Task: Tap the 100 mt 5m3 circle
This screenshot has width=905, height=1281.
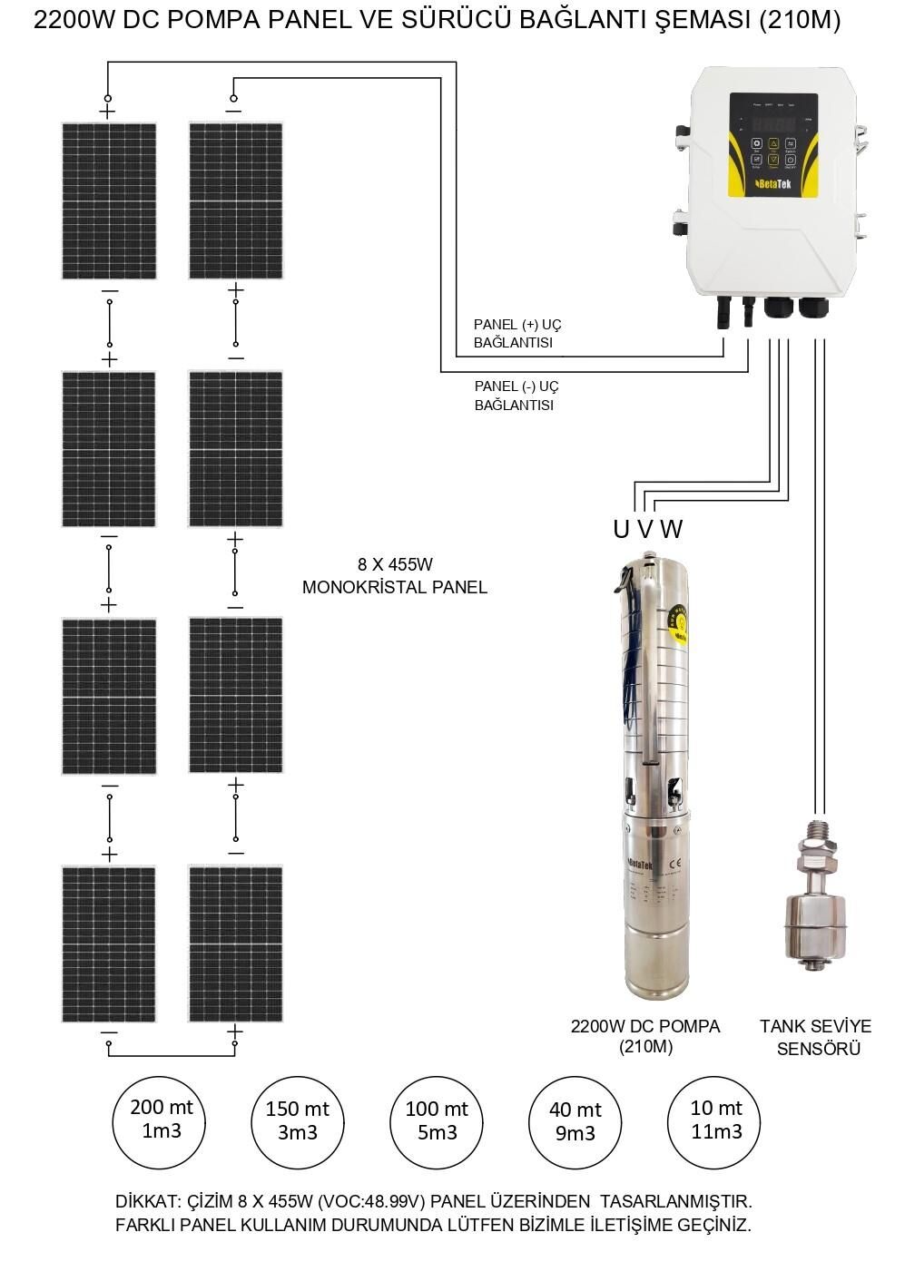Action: (436, 1121)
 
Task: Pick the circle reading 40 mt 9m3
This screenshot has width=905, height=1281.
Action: (575, 1122)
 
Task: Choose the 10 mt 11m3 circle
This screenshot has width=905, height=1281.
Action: (714, 1121)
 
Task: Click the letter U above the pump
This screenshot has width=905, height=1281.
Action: (621, 530)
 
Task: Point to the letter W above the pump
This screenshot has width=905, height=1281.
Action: (672, 530)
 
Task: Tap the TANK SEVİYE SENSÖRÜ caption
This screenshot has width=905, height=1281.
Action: (815, 1038)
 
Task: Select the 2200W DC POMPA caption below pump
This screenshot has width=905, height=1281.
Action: (645, 1036)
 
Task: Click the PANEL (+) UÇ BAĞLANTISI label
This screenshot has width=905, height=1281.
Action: (517, 334)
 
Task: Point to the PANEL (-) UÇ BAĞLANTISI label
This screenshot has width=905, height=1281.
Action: (516, 396)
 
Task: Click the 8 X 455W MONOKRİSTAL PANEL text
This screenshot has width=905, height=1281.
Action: (394, 575)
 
